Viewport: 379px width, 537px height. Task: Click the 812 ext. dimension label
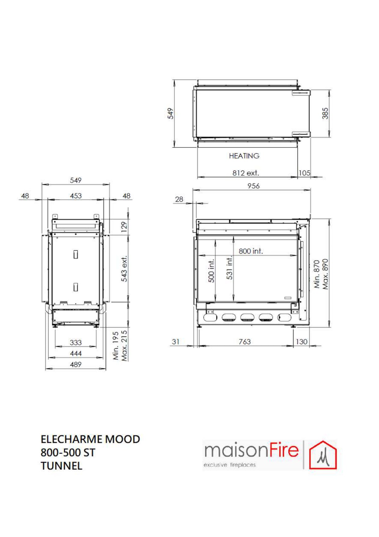coord(245,173)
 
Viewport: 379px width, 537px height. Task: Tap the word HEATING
coord(244,156)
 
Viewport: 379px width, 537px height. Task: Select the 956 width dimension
coord(253,186)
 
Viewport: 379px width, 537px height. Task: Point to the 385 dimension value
coord(325,113)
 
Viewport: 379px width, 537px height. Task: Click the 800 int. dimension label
coord(251,251)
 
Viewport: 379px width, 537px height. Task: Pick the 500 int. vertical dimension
coord(211,271)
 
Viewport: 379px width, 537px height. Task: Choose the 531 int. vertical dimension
coord(230,268)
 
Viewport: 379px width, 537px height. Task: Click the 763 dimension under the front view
coord(245,341)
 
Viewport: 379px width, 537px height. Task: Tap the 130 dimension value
coord(301,341)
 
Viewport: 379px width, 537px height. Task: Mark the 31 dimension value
coord(175,341)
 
